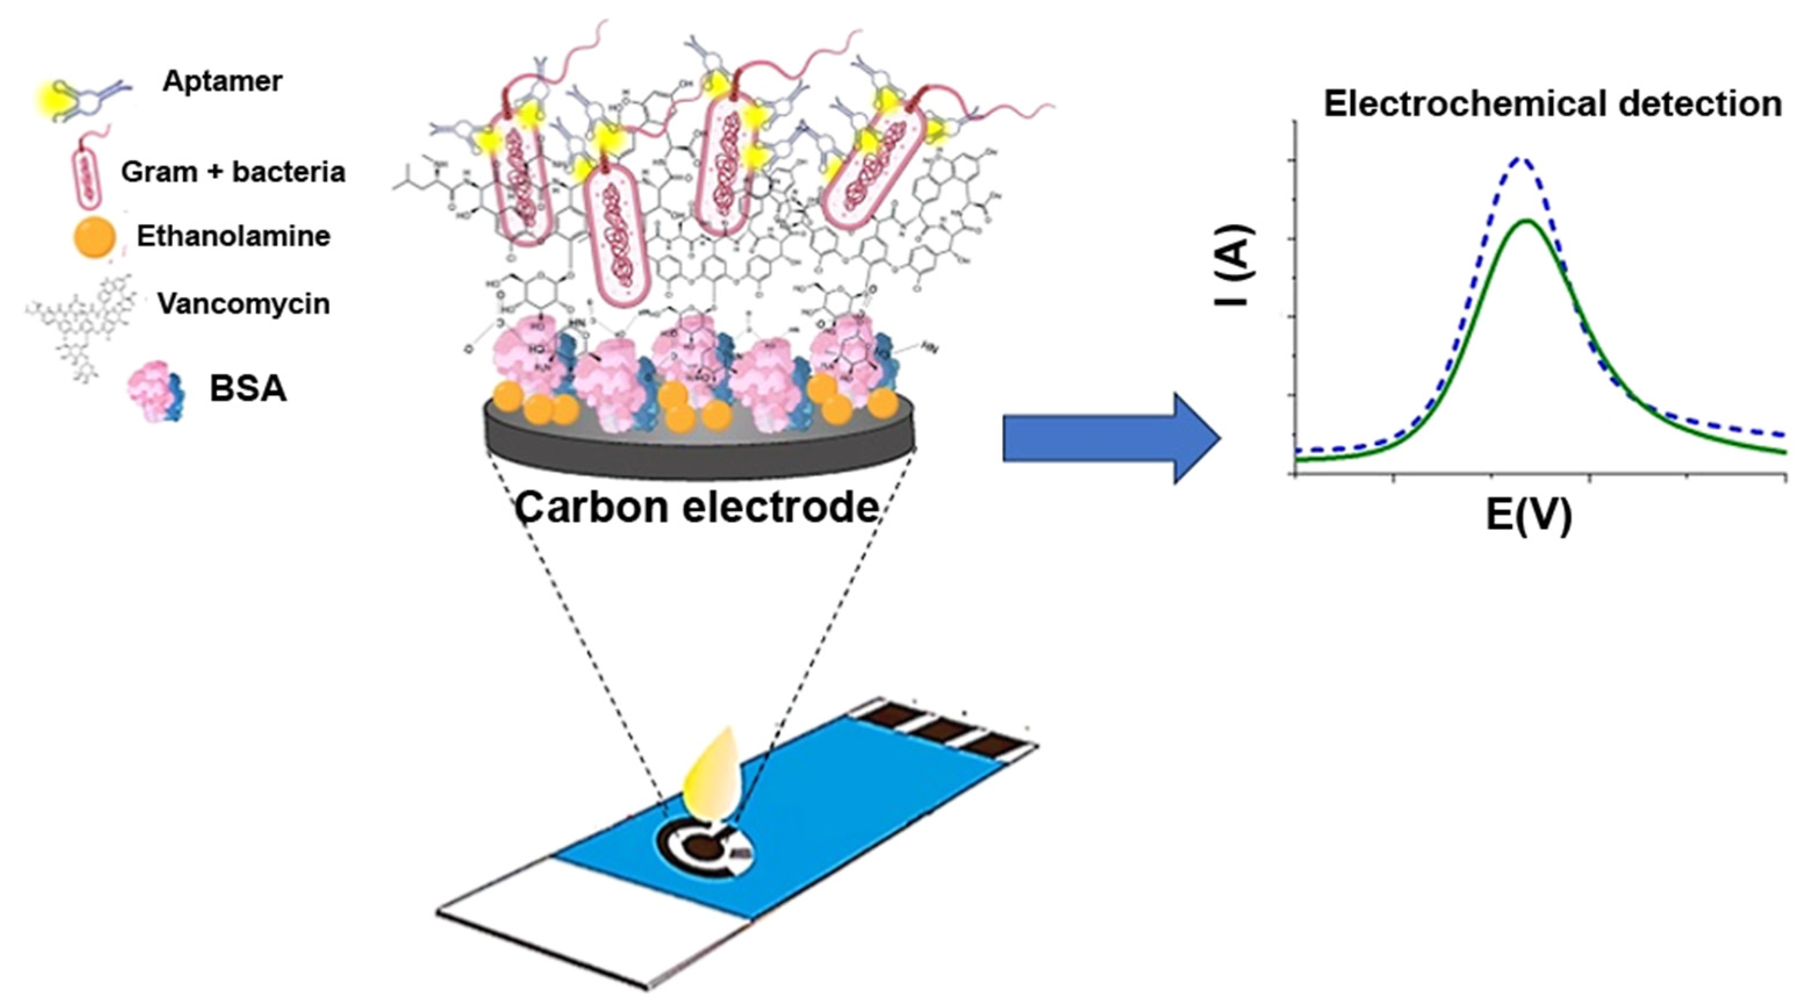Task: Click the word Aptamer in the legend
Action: pos(222,81)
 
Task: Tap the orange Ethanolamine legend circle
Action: pos(94,238)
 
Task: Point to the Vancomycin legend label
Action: pos(243,303)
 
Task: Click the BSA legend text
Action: pos(248,389)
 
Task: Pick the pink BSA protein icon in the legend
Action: pos(156,389)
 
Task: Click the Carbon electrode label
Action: pos(696,507)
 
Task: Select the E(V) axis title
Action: pos(1529,516)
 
